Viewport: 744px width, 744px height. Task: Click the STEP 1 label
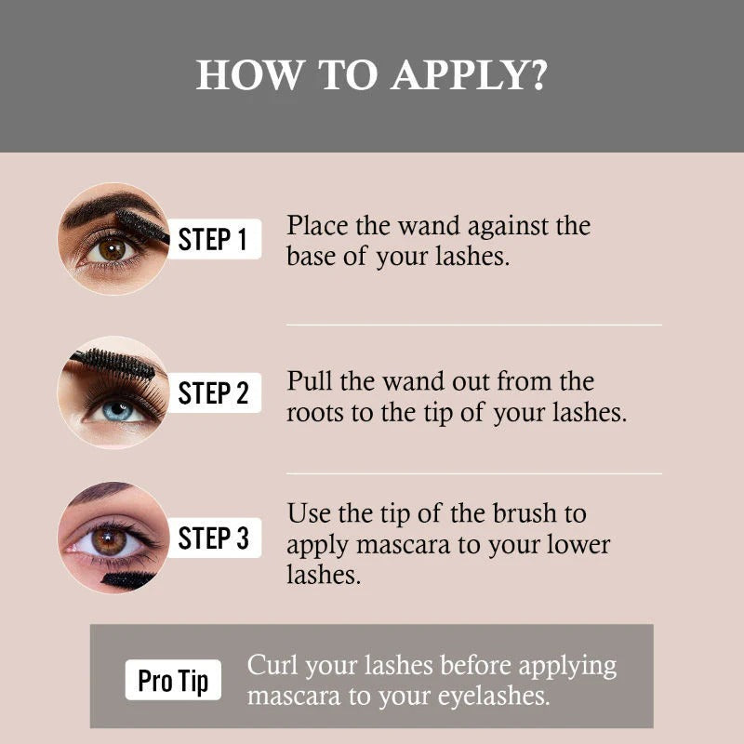point(213,239)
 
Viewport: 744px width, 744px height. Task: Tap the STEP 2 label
point(213,392)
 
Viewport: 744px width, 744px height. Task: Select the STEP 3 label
point(213,538)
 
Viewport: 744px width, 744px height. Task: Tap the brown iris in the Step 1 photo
point(113,249)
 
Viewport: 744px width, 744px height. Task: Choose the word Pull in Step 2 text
point(306,381)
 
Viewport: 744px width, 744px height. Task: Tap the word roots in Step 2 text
point(314,413)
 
